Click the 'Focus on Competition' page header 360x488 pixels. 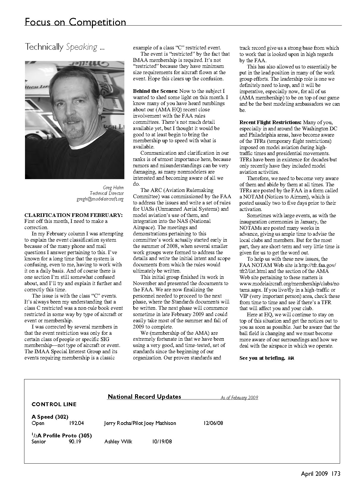(x=75, y=22)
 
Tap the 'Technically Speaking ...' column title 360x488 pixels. (x=65, y=47)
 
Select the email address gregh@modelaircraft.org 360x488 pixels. (x=100, y=199)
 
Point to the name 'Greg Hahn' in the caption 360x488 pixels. (x=113, y=187)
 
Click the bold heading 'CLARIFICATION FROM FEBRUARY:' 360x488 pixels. (x=73, y=215)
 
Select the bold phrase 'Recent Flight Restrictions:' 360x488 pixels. (x=270, y=122)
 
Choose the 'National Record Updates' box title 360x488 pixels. (x=144, y=397)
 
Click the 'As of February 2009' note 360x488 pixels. (x=239, y=398)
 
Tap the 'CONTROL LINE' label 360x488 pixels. (x=54, y=404)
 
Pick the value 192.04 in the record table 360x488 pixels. (x=76, y=423)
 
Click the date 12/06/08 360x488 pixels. (x=213, y=423)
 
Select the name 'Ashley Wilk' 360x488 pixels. (x=118, y=442)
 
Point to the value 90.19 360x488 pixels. (x=75, y=442)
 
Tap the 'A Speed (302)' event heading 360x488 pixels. (x=50, y=417)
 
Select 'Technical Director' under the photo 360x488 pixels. (x=107, y=193)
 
